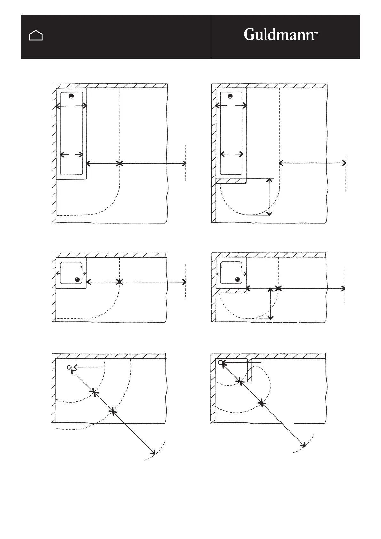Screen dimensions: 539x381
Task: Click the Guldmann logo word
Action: click(279, 35)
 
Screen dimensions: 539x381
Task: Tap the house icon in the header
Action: click(36, 36)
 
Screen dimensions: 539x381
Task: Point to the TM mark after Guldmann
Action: click(316, 33)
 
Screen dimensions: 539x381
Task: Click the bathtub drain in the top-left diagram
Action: click(71, 96)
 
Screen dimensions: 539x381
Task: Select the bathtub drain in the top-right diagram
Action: click(230, 96)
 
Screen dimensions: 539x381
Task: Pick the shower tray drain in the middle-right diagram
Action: click(237, 279)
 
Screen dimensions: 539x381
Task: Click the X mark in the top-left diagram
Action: click(119, 164)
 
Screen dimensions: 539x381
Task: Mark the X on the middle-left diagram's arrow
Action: click(119, 282)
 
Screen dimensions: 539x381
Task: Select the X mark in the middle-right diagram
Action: click(278, 288)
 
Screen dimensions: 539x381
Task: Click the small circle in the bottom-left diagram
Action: click(69, 367)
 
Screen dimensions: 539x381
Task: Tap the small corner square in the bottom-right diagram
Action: click(220, 362)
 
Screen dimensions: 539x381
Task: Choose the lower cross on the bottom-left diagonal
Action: click(113, 412)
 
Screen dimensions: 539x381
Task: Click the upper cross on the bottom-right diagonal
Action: click(240, 381)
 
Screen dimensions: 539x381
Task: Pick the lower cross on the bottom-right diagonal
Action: click(262, 403)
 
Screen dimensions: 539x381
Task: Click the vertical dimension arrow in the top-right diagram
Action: click(269, 197)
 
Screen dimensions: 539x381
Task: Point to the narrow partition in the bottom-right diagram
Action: click(250, 370)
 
